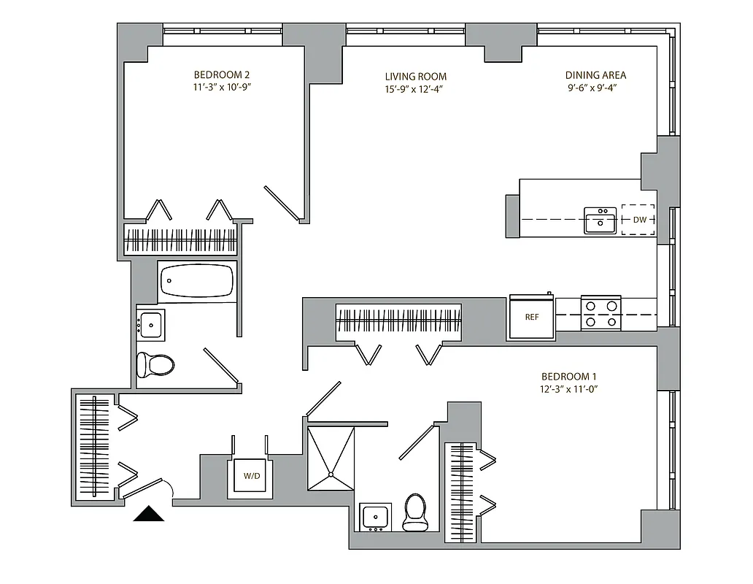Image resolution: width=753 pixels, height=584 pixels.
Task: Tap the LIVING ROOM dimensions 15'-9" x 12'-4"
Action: coord(415,89)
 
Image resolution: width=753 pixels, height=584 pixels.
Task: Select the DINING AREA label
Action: coord(595,74)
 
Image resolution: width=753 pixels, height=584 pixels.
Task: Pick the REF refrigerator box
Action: coord(531,318)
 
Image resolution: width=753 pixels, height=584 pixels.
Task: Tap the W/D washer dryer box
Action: coord(251,476)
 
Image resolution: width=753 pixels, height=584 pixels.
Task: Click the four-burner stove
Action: coord(601,312)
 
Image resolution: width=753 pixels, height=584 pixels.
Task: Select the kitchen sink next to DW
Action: coord(600,220)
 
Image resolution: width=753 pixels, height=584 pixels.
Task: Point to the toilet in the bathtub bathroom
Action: coord(155,365)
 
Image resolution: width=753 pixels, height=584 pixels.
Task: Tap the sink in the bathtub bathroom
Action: coord(151,324)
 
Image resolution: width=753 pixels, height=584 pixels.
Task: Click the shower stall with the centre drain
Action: coord(331,458)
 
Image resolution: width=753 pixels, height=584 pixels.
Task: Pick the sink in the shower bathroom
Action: coord(376,517)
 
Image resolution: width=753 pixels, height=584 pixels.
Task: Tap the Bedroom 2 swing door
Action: coord(283,204)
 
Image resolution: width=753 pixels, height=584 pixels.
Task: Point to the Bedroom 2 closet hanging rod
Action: coord(181,240)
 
